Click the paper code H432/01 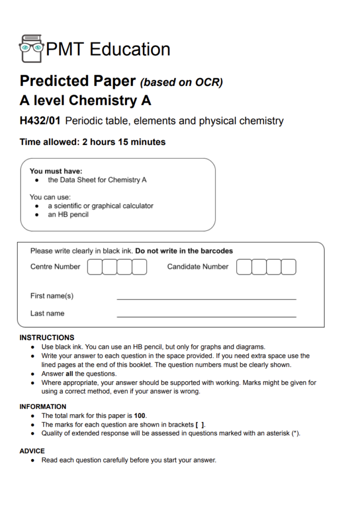[x=40, y=121]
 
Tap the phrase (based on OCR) [x=182, y=82]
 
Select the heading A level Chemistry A [x=85, y=100]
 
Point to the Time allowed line [x=93, y=142]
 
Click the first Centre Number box [x=95, y=267]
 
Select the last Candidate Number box [x=289, y=267]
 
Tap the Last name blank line [x=206, y=315]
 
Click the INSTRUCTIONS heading [x=47, y=338]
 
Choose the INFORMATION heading [x=43, y=407]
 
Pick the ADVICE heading [x=32, y=451]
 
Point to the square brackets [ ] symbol [x=200, y=425]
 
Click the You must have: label [x=56, y=171]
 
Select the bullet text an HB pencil [x=68, y=215]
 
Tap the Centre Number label [x=55, y=267]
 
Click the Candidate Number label [x=197, y=267]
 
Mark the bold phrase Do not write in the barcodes [x=184, y=251]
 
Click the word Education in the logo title [x=130, y=49]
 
